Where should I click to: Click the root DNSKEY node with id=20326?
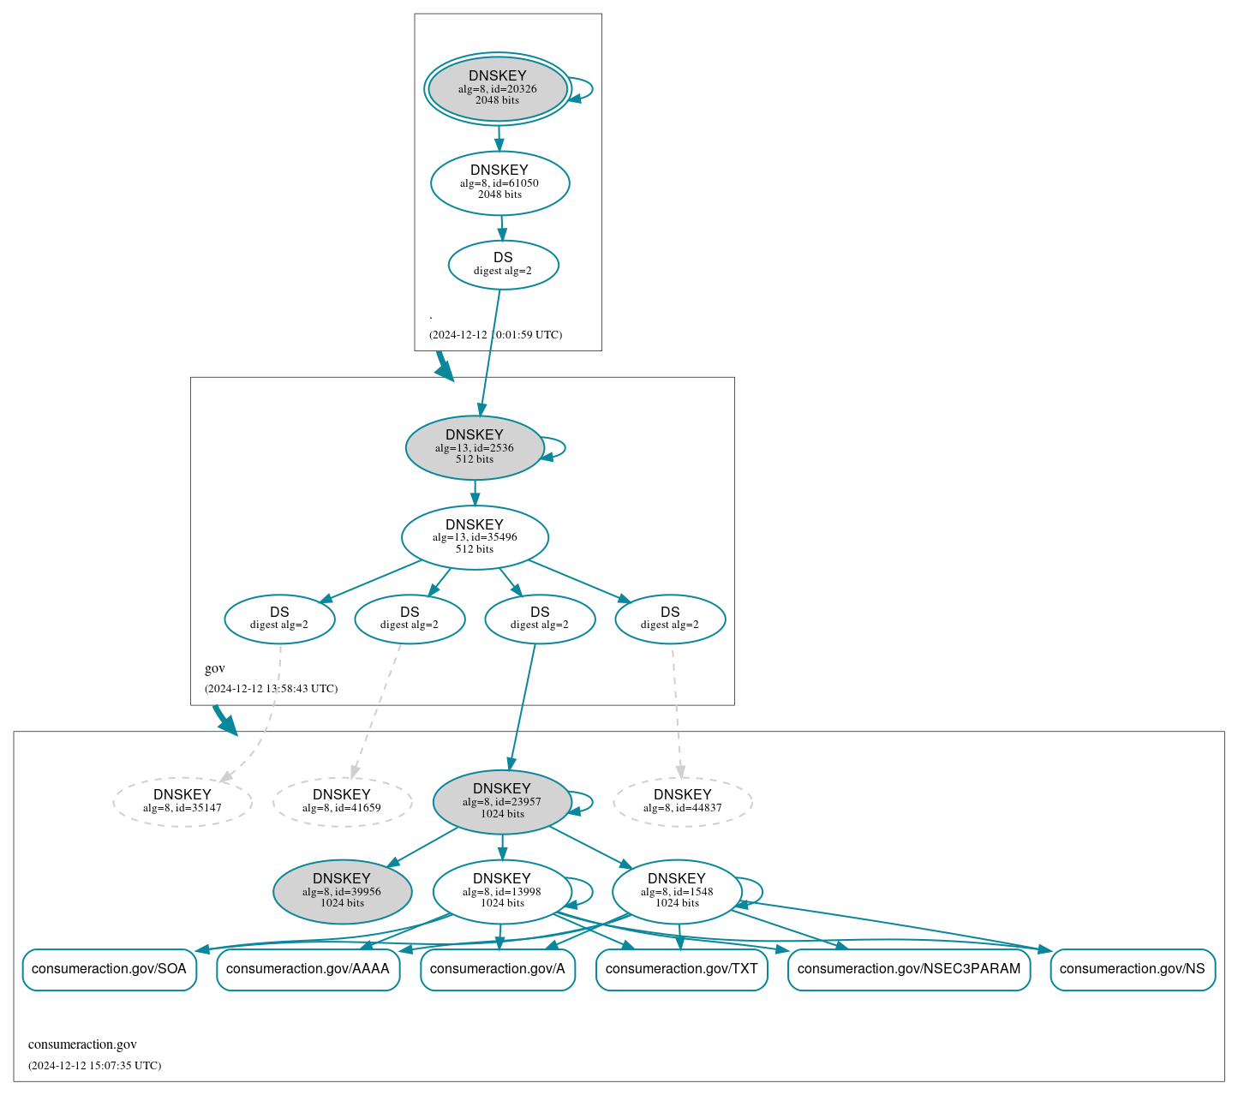tap(497, 88)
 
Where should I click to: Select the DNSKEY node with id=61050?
tap(499, 182)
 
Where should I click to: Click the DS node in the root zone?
tap(503, 265)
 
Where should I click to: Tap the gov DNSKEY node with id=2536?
tap(474, 447)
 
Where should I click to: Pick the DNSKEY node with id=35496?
tap(475, 537)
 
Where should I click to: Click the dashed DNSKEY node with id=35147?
tap(182, 802)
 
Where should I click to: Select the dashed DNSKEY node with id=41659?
tap(342, 802)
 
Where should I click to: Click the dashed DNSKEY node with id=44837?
tap(682, 802)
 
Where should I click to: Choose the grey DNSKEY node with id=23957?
tap(502, 802)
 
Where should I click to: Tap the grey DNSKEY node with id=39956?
tap(342, 892)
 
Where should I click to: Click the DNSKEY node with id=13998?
tap(502, 892)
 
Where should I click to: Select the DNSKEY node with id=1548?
tap(677, 892)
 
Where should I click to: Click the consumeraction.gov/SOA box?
tap(109, 969)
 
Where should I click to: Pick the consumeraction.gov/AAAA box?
tap(308, 969)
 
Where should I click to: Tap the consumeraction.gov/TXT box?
tap(681, 969)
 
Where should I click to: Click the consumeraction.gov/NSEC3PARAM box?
tap(908, 969)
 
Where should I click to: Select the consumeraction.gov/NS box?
tap(1132, 969)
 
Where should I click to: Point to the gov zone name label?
tap(215, 668)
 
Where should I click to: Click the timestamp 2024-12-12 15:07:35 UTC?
tap(94, 1066)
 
